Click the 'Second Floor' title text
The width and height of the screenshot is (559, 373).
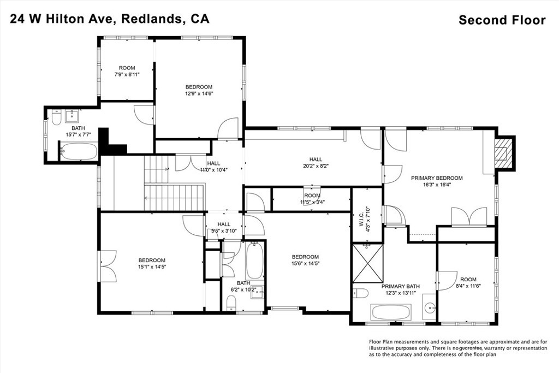pyautogui.click(x=502, y=20)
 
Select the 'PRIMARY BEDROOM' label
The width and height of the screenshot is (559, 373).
pyautogui.click(x=437, y=178)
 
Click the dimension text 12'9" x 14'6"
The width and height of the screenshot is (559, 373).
pyautogui.click(x=199, y=93)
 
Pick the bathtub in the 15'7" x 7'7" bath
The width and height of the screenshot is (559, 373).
pyautogui.click(x=79, y=151)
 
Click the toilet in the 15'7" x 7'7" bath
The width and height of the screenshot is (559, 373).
pyautogui.click(x=56, y=119)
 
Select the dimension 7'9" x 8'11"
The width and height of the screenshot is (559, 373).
pyautogui.click(x=127, y=74)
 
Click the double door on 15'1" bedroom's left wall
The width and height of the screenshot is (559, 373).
pyautogui.click(x=107, y=265)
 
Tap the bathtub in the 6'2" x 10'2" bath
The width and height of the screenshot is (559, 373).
pyautogui.click(x=255, y=261)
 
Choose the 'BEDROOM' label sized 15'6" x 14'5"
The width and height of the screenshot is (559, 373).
pyautogui.click(x=305, y=257)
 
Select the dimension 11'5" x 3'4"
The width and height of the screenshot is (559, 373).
pyautogui.click(x=312, y=202)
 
